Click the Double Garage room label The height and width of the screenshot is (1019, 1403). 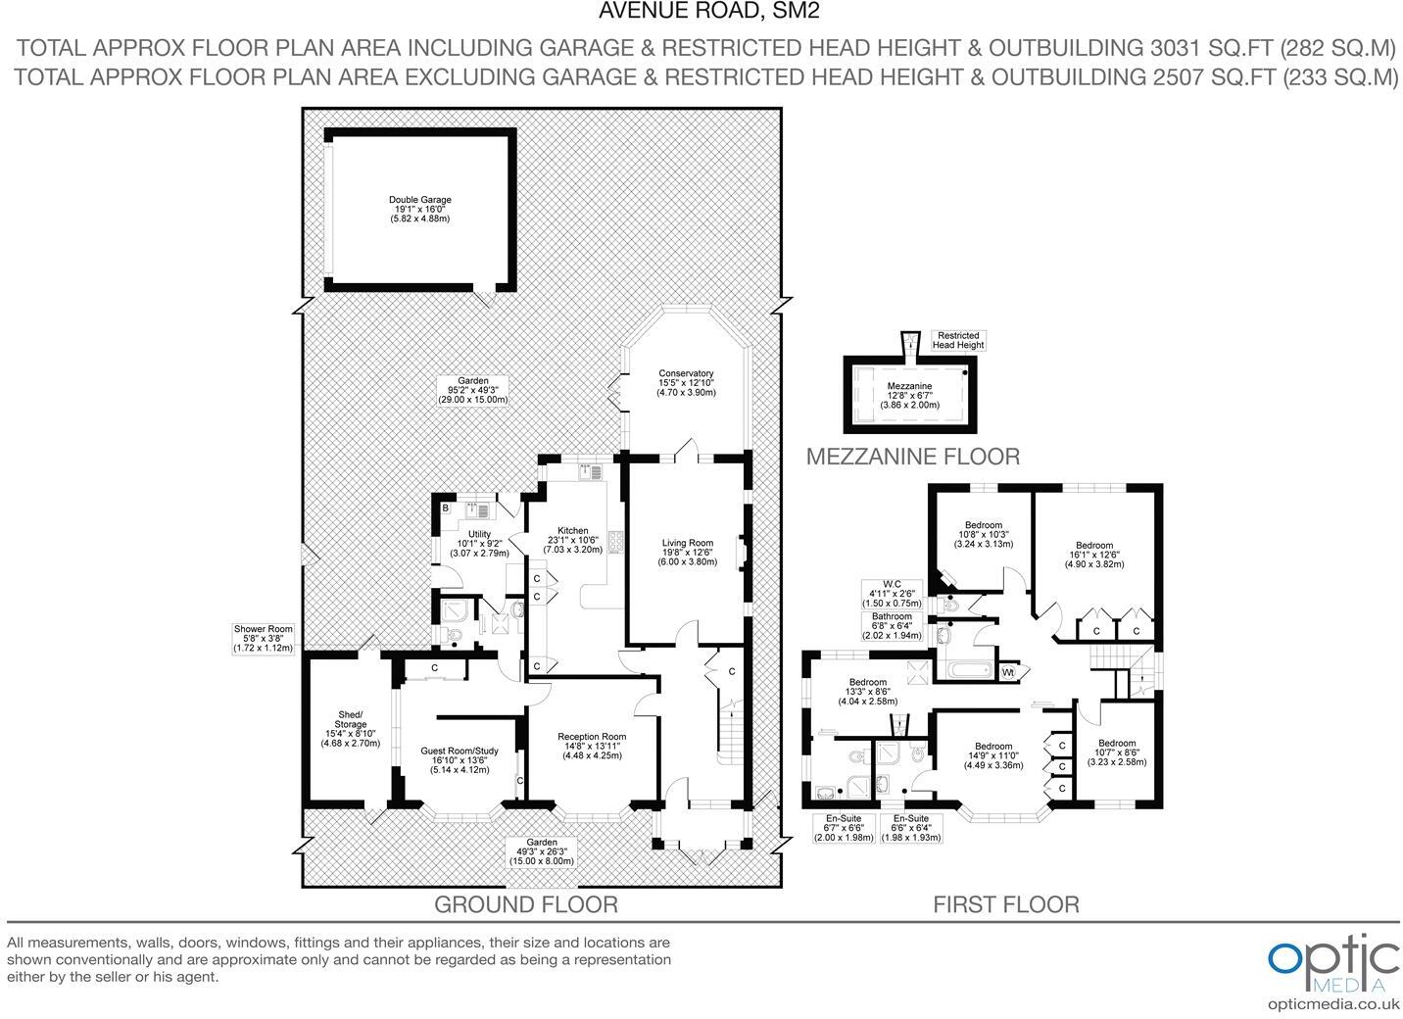point(419,209)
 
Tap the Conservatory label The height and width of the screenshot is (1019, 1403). point(686,382)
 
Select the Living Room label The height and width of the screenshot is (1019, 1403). point(687,552)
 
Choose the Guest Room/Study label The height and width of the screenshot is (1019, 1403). point(460,759)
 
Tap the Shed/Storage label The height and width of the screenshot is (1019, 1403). point(350,728)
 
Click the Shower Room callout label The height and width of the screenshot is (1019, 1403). point(263,638)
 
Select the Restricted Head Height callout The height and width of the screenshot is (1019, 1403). point(957,340)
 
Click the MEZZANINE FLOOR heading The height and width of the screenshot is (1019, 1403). point(912,456)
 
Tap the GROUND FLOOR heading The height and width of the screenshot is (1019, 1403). point(525,903)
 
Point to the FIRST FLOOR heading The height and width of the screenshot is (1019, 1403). point(1005,904)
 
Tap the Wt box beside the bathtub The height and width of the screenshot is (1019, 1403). point(1008,673)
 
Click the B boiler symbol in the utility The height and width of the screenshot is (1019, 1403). point(445,509)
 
